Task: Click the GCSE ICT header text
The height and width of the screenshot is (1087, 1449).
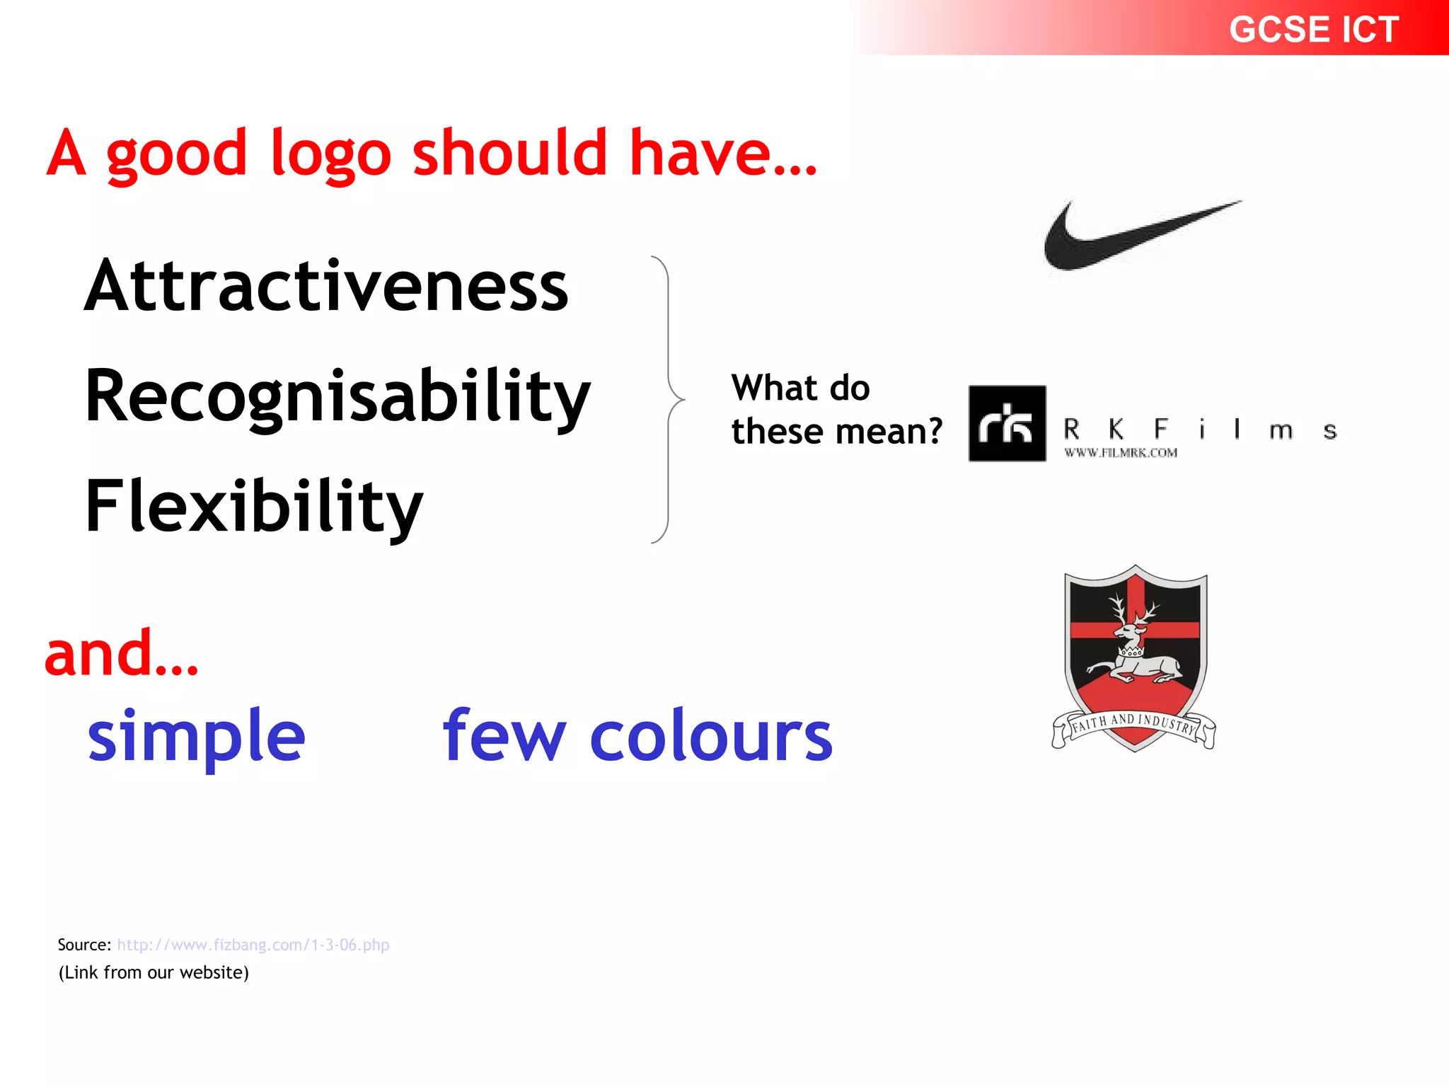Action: tap(1313, 30)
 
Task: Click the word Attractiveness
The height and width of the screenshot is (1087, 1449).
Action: tap(326, 286)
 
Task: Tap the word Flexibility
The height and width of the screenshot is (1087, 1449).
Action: tap(253, 507)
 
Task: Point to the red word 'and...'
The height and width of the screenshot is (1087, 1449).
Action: tap(121, 654)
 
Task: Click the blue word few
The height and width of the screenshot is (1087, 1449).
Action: tap(504, 737)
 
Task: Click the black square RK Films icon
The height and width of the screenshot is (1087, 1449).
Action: tap(1007, 424)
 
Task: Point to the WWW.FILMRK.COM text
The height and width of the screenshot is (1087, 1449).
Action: tap(1121, 453)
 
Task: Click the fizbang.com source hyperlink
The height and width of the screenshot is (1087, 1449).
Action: tap(253, 945)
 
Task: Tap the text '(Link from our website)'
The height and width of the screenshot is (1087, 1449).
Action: tap(154, 972)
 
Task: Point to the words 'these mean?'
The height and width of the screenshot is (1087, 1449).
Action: tap(837, 432)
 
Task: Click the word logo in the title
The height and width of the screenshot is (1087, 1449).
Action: tap(330, 154)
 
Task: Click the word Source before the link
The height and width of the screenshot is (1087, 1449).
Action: tap(83, 945)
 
